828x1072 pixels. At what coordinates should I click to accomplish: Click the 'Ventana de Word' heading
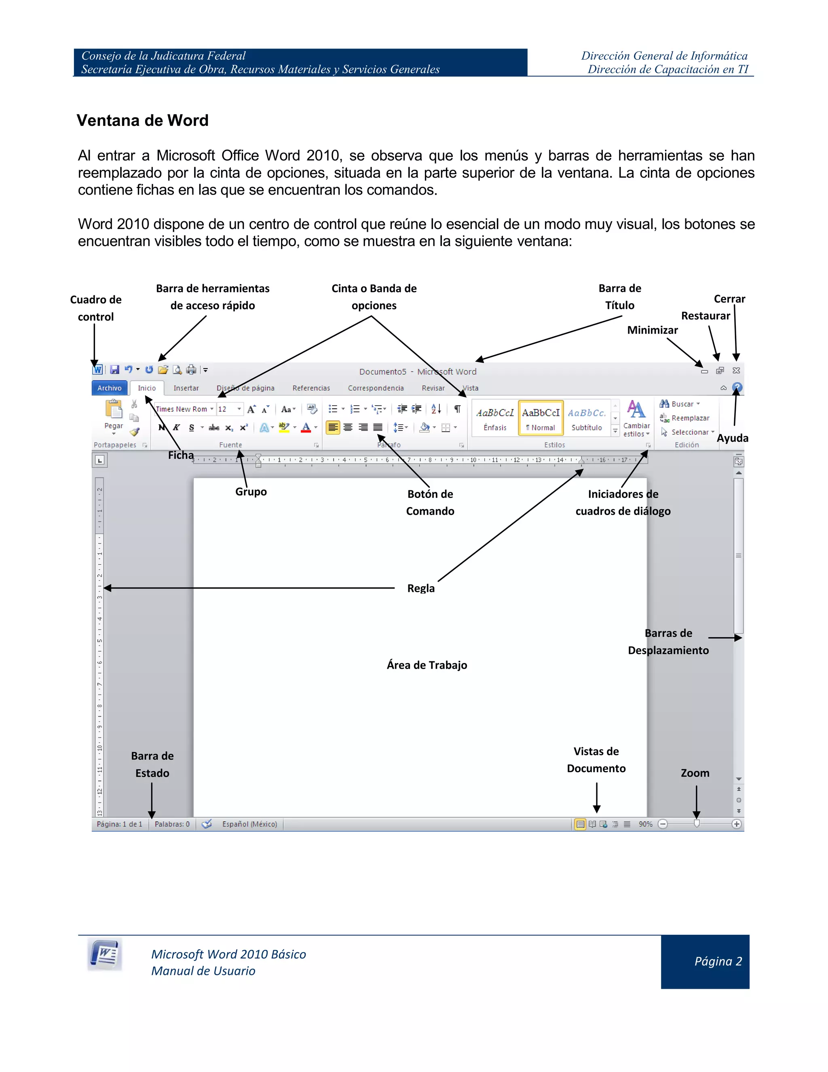[x=142, y=120]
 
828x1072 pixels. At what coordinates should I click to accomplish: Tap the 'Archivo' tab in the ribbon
[x=110, y=388]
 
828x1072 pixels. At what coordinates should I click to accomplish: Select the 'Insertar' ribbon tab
[x=186, y=388]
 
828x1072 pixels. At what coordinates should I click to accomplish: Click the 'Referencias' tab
[x=311, y=388]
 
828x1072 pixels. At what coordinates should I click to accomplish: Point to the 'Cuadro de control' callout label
[x=96, y=308]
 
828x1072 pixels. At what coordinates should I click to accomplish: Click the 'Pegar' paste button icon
[x=114, y=409]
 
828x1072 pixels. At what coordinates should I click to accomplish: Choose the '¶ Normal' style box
[x=541, y=418]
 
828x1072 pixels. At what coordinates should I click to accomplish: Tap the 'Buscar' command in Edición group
[x=682, y=404]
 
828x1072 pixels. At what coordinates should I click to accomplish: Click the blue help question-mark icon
[x=737, y=387]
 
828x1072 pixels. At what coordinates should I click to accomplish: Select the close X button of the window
[x=736, y=371]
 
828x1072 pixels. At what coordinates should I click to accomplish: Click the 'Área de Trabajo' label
[x=427, y=665]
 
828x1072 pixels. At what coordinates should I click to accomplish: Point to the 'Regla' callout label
[x=421, y=588]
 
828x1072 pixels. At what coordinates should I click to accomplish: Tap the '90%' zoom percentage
[x=646, y=824]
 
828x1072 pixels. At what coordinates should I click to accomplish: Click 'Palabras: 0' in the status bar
[x=172, y=824]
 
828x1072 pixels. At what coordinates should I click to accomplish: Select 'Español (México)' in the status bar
[x=249, y=824]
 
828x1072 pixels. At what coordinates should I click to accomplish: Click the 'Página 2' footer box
[x=705, y=962]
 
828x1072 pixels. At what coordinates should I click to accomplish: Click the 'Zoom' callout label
[x=695, y=773]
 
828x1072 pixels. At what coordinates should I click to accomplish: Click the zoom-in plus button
[x=736, y=824]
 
